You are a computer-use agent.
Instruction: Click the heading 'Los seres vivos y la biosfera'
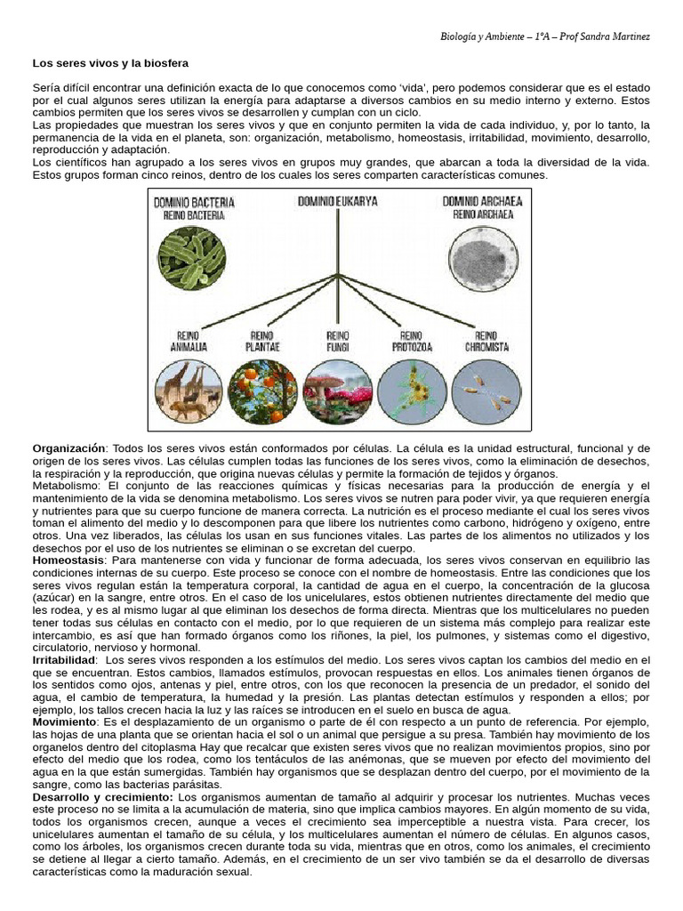pyautogui.click(x=110, y=64)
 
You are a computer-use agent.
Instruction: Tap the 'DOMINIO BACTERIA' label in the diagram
pyautogui.click(x=194, y=203)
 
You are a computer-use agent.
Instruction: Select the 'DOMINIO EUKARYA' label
pyautogui.click(x=337, y=202)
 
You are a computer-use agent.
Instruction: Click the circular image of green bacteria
pyautogui.click(x=193, y=258)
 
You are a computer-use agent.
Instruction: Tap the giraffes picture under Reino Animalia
pyautogui.click(x=189, y=391)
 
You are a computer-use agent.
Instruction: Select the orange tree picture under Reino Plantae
pyautogui.click(x=262, y=391)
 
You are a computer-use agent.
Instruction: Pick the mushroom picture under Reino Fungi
pyautogui.click(x=337, y=391)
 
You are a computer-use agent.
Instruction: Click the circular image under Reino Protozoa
pyautogui.click(x=412, y=391)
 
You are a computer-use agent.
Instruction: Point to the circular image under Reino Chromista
pyautogui.click(x=486, y=391)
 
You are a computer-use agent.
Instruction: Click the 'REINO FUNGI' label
pyautogui.click(x=337, y=341)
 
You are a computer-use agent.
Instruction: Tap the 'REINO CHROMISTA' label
pyautogui.click(x=486, y=341)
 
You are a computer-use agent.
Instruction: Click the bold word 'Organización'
pyautogui.click(x=69, y=448)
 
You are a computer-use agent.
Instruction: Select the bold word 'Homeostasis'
pyautogui.click(x=68, y=560)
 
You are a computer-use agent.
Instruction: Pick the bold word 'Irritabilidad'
pyautogui.click(x=64, y=660)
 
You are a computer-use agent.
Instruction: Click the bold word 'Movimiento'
pyautogui.click(x=64, y=722)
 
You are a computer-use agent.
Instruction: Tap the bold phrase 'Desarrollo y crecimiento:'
pyautogui.click(x=103, y=797)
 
